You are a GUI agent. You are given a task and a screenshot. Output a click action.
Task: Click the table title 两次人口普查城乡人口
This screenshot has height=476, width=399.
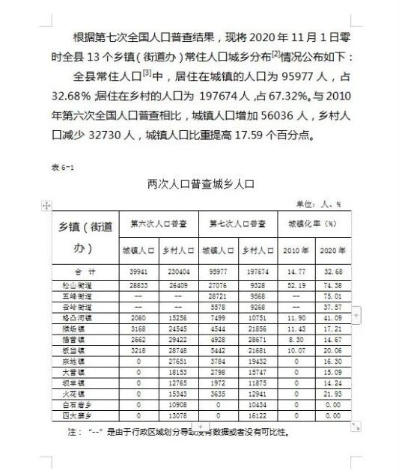(201, 183)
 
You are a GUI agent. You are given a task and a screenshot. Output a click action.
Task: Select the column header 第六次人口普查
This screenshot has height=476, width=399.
(158, 224)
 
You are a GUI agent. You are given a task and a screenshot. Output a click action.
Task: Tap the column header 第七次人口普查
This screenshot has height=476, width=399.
(237, 224)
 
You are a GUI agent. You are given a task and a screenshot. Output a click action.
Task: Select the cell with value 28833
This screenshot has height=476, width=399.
(138, 285)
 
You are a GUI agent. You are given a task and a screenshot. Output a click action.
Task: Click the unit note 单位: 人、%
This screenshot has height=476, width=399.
(319, 203)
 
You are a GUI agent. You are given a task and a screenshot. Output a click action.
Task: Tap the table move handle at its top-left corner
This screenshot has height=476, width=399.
(46, 205)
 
